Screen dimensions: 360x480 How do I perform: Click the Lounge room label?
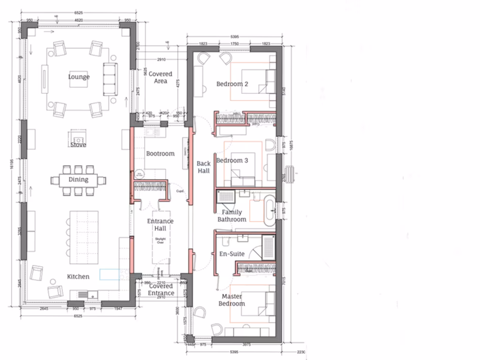[x=79, y=77]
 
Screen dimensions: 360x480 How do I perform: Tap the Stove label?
[x=78, y=145]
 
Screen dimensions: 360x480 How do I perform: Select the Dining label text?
[x=78, y=180]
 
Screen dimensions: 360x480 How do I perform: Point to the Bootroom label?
[x=160, y=154]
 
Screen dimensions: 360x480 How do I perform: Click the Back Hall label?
[x=203, y=167]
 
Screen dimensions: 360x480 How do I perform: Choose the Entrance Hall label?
[x=160, y=225]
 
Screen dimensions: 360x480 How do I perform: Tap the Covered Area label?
[x=160, y=77]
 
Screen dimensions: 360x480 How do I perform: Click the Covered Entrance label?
[x=161, y=290]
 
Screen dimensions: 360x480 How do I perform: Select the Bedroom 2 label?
[x=232, y=84]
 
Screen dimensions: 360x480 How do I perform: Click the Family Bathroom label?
[x=232, y=216]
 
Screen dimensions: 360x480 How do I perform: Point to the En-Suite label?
[x=232, y=254]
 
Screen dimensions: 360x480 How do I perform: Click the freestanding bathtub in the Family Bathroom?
[x=270, y=212]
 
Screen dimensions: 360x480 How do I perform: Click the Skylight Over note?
[x=160, y=241]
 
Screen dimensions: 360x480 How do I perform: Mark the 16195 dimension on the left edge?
[x=12, y=164]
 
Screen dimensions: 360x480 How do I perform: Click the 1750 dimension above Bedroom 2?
[x=234, y=44]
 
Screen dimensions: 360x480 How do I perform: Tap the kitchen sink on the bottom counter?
[x=82, y=295]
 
